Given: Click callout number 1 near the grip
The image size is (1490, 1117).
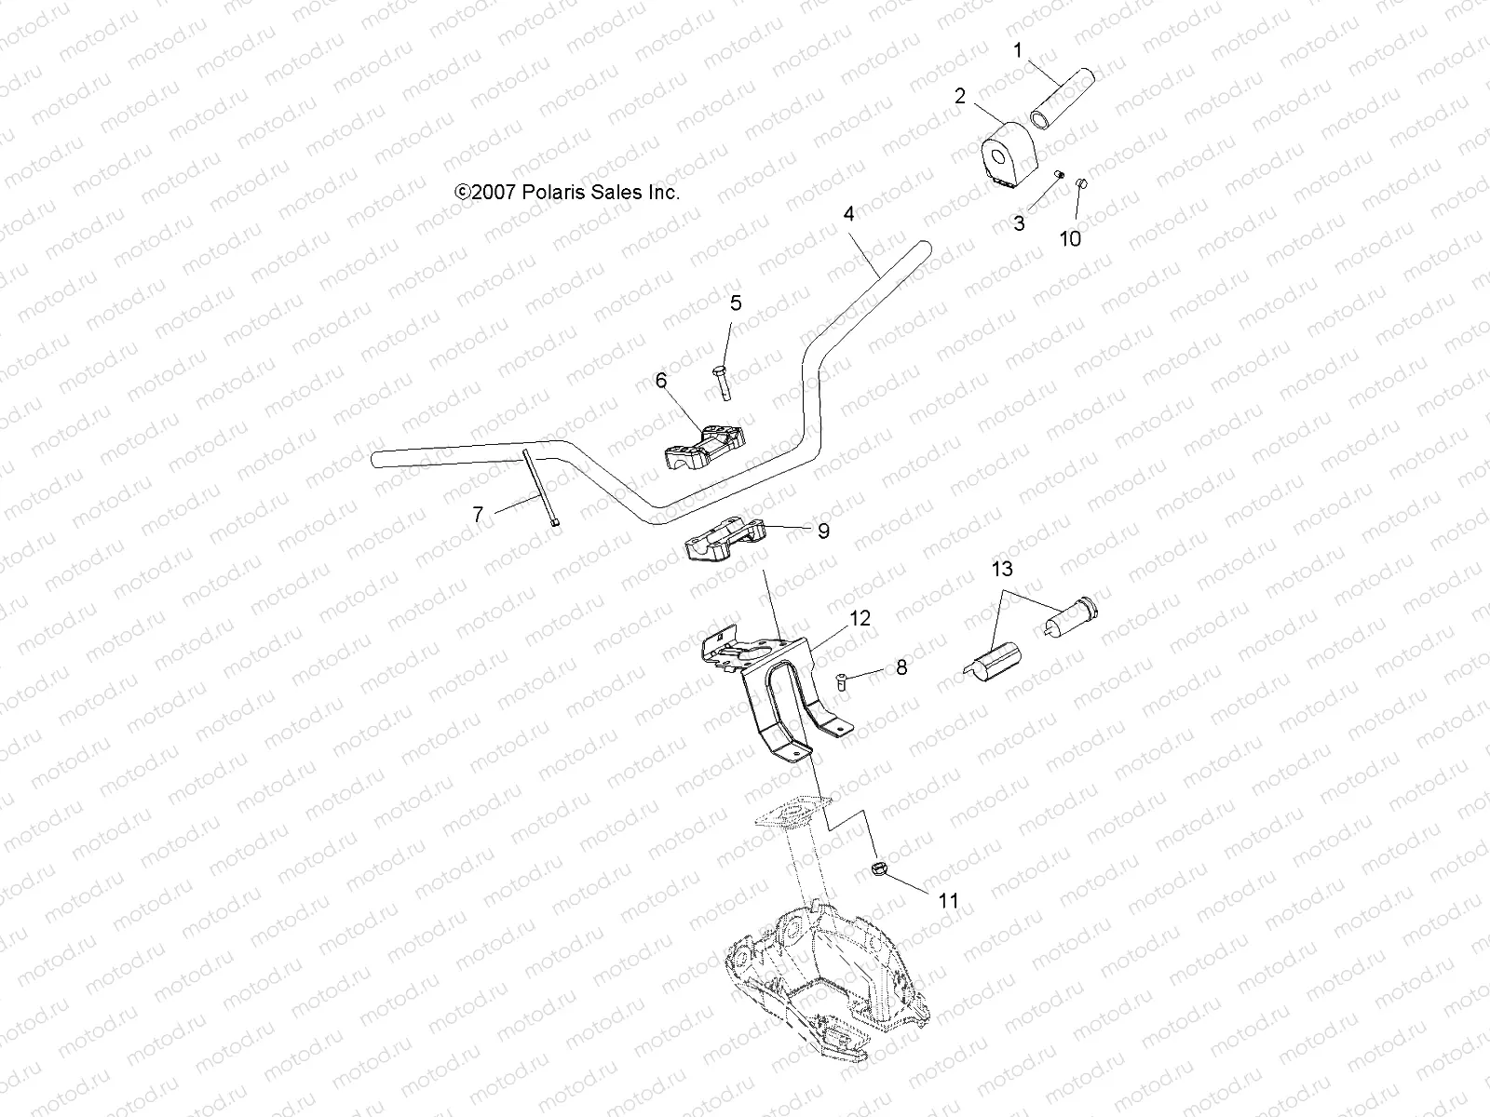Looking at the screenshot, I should tap(1018, 49).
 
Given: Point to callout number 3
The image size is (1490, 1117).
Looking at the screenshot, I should tap(1019, 223).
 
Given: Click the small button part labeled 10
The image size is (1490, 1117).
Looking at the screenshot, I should tap(1082, 182).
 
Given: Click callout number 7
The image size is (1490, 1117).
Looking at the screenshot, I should tap(479, 514).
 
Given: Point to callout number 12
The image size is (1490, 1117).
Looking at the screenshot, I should tap(860, 618).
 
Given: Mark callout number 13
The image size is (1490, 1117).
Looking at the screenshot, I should tap(1001, 569).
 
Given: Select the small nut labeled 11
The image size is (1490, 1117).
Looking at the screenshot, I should tap(878, 869).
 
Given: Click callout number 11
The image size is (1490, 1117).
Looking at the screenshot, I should tap(947, 901).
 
